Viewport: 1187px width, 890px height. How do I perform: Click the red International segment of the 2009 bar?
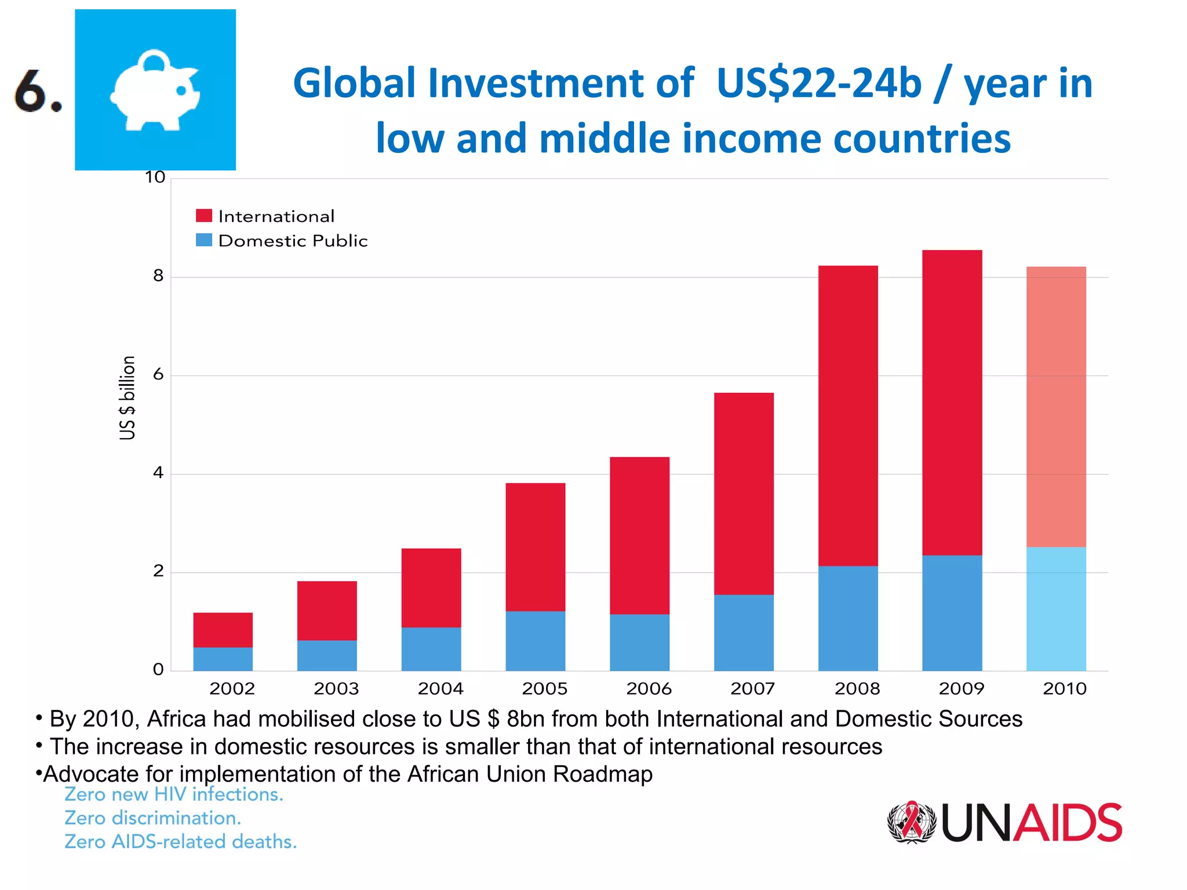[x=952, y=403]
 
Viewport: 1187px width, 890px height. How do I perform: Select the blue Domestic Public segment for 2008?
[x=847, y=618]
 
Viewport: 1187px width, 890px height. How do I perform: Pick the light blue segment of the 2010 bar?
[x=1055, y=608]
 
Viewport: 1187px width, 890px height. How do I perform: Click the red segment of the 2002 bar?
[x=223, y=630]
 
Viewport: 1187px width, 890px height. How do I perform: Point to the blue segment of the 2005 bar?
[x=535, y=641]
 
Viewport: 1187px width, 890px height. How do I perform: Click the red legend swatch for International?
[x=204, y=216]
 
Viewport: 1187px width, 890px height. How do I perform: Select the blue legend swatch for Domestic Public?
[x=204, y=240]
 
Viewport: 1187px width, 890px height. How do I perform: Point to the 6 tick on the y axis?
[x=158, y=375]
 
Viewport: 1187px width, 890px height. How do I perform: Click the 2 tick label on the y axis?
[x=158, y=572]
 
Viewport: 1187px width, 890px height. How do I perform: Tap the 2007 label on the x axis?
[x=752, y=689]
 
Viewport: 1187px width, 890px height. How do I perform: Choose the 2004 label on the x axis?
[x=440, y=689]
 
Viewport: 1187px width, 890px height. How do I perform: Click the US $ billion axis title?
[x=127, y=397]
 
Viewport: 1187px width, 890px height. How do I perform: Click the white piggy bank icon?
[x=155, y=89]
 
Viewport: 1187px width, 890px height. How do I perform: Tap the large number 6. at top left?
[x=37, y=90]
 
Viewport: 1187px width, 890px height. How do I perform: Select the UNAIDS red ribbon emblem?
[x=912, y=822]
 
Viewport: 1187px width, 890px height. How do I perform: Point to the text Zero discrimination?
[x=152, y=818]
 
